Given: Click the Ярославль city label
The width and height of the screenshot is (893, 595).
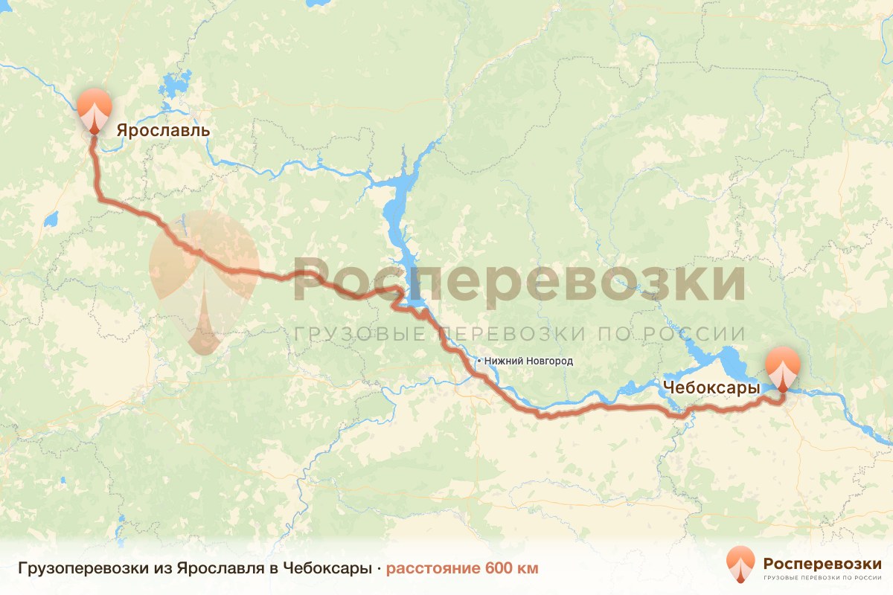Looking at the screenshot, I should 163,131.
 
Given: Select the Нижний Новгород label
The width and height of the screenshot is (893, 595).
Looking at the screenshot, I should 528,361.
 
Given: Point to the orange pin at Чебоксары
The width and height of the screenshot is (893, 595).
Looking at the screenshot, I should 783,367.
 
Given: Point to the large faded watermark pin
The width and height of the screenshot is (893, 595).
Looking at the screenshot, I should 203,279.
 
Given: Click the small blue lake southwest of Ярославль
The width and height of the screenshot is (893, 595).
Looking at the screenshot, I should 51,219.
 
